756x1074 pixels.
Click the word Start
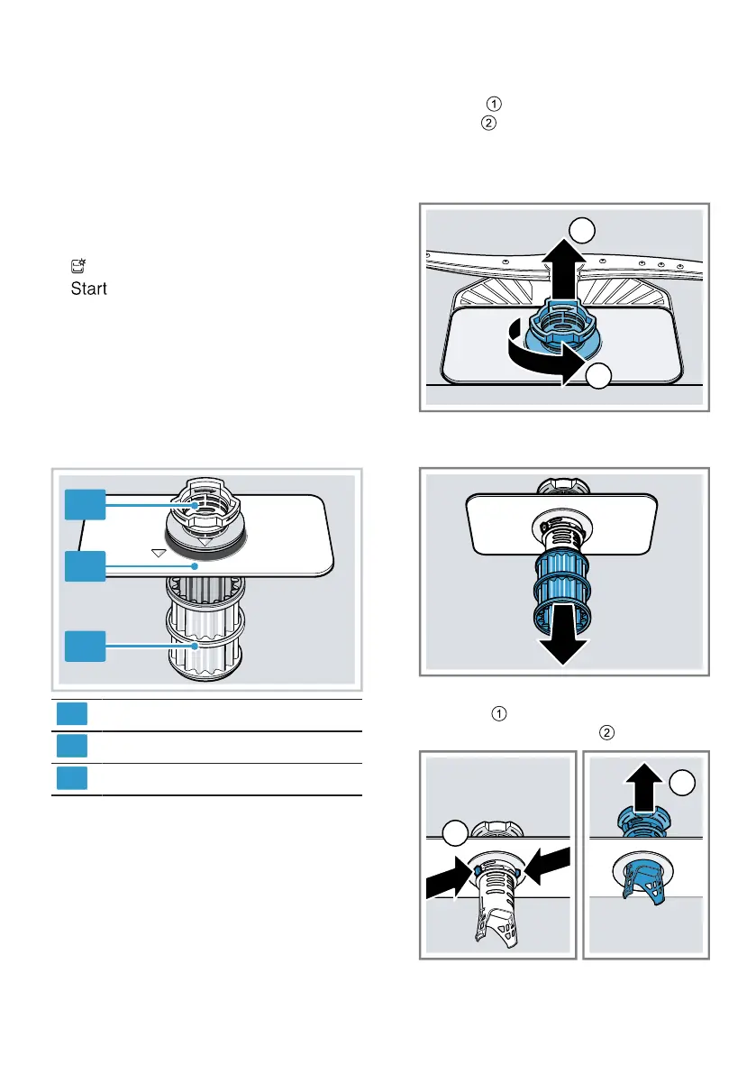coord(88,289)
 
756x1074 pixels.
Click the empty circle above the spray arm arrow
coord(584,232)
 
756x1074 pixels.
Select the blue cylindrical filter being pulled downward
coord(560,590)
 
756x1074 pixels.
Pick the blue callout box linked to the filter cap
coord(86,505)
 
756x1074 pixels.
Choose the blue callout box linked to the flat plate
coord(86,565)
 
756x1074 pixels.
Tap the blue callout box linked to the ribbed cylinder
coord(86,647)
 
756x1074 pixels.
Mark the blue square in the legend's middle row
coord(73,744)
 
